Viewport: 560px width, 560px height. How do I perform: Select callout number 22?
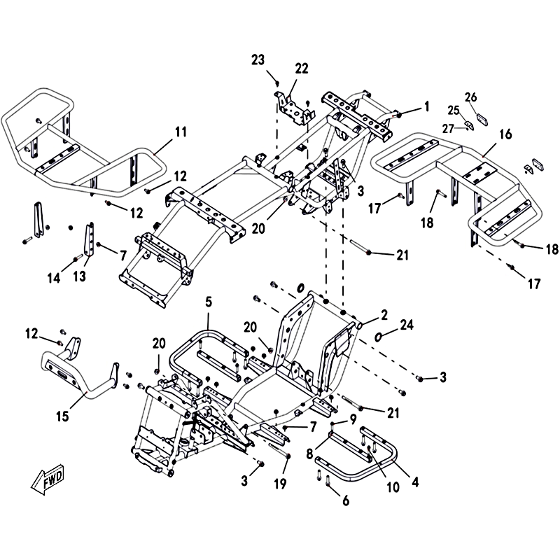pyautogui.click(x=301, y=68)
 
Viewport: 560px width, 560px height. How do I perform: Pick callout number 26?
pyautogui.click(x=470, y=97)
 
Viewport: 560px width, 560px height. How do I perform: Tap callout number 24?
pyautogui.click(x=408, y=324)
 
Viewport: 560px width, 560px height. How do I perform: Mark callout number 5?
pyautogui.click(x=208, y=302)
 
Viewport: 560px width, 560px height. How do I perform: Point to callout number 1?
pyautogui.click(x=426, y=107)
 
